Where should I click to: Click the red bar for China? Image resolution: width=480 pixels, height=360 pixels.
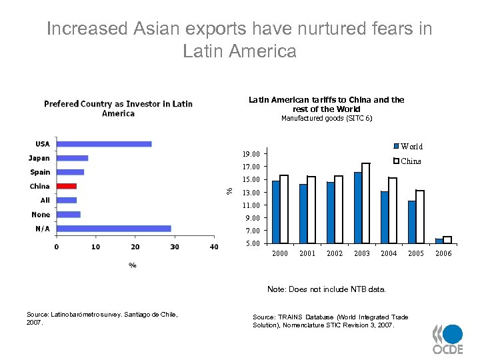click(x=67, y=186)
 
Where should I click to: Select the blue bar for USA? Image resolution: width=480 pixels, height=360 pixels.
click(x=104, y=144)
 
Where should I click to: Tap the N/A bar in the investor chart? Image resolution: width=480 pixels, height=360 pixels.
click(x=114, y=229)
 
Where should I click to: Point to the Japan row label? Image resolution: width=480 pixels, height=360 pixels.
click(x=39, y=158)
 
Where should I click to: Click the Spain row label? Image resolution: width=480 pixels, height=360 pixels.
click(x=39, y=172)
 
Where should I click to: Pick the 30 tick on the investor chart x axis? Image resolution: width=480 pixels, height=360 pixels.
click(x=175, y=247)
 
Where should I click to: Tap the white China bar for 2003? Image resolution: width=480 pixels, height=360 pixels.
click(x=365, y=203)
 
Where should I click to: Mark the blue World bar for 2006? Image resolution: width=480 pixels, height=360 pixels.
click(x=439, y=241)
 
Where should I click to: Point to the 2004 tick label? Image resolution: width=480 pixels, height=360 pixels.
click(x=389, y=254)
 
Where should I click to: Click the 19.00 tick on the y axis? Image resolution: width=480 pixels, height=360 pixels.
click(x=251, y=154)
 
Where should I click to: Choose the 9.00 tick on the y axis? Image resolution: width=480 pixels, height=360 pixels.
click(x=253, y=218)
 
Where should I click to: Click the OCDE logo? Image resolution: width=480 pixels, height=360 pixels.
click(x=447, y=339)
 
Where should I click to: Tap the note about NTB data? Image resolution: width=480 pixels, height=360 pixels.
click(x=326, y=289)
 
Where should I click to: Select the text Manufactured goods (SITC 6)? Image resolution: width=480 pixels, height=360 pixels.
click(x=327, y=118)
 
